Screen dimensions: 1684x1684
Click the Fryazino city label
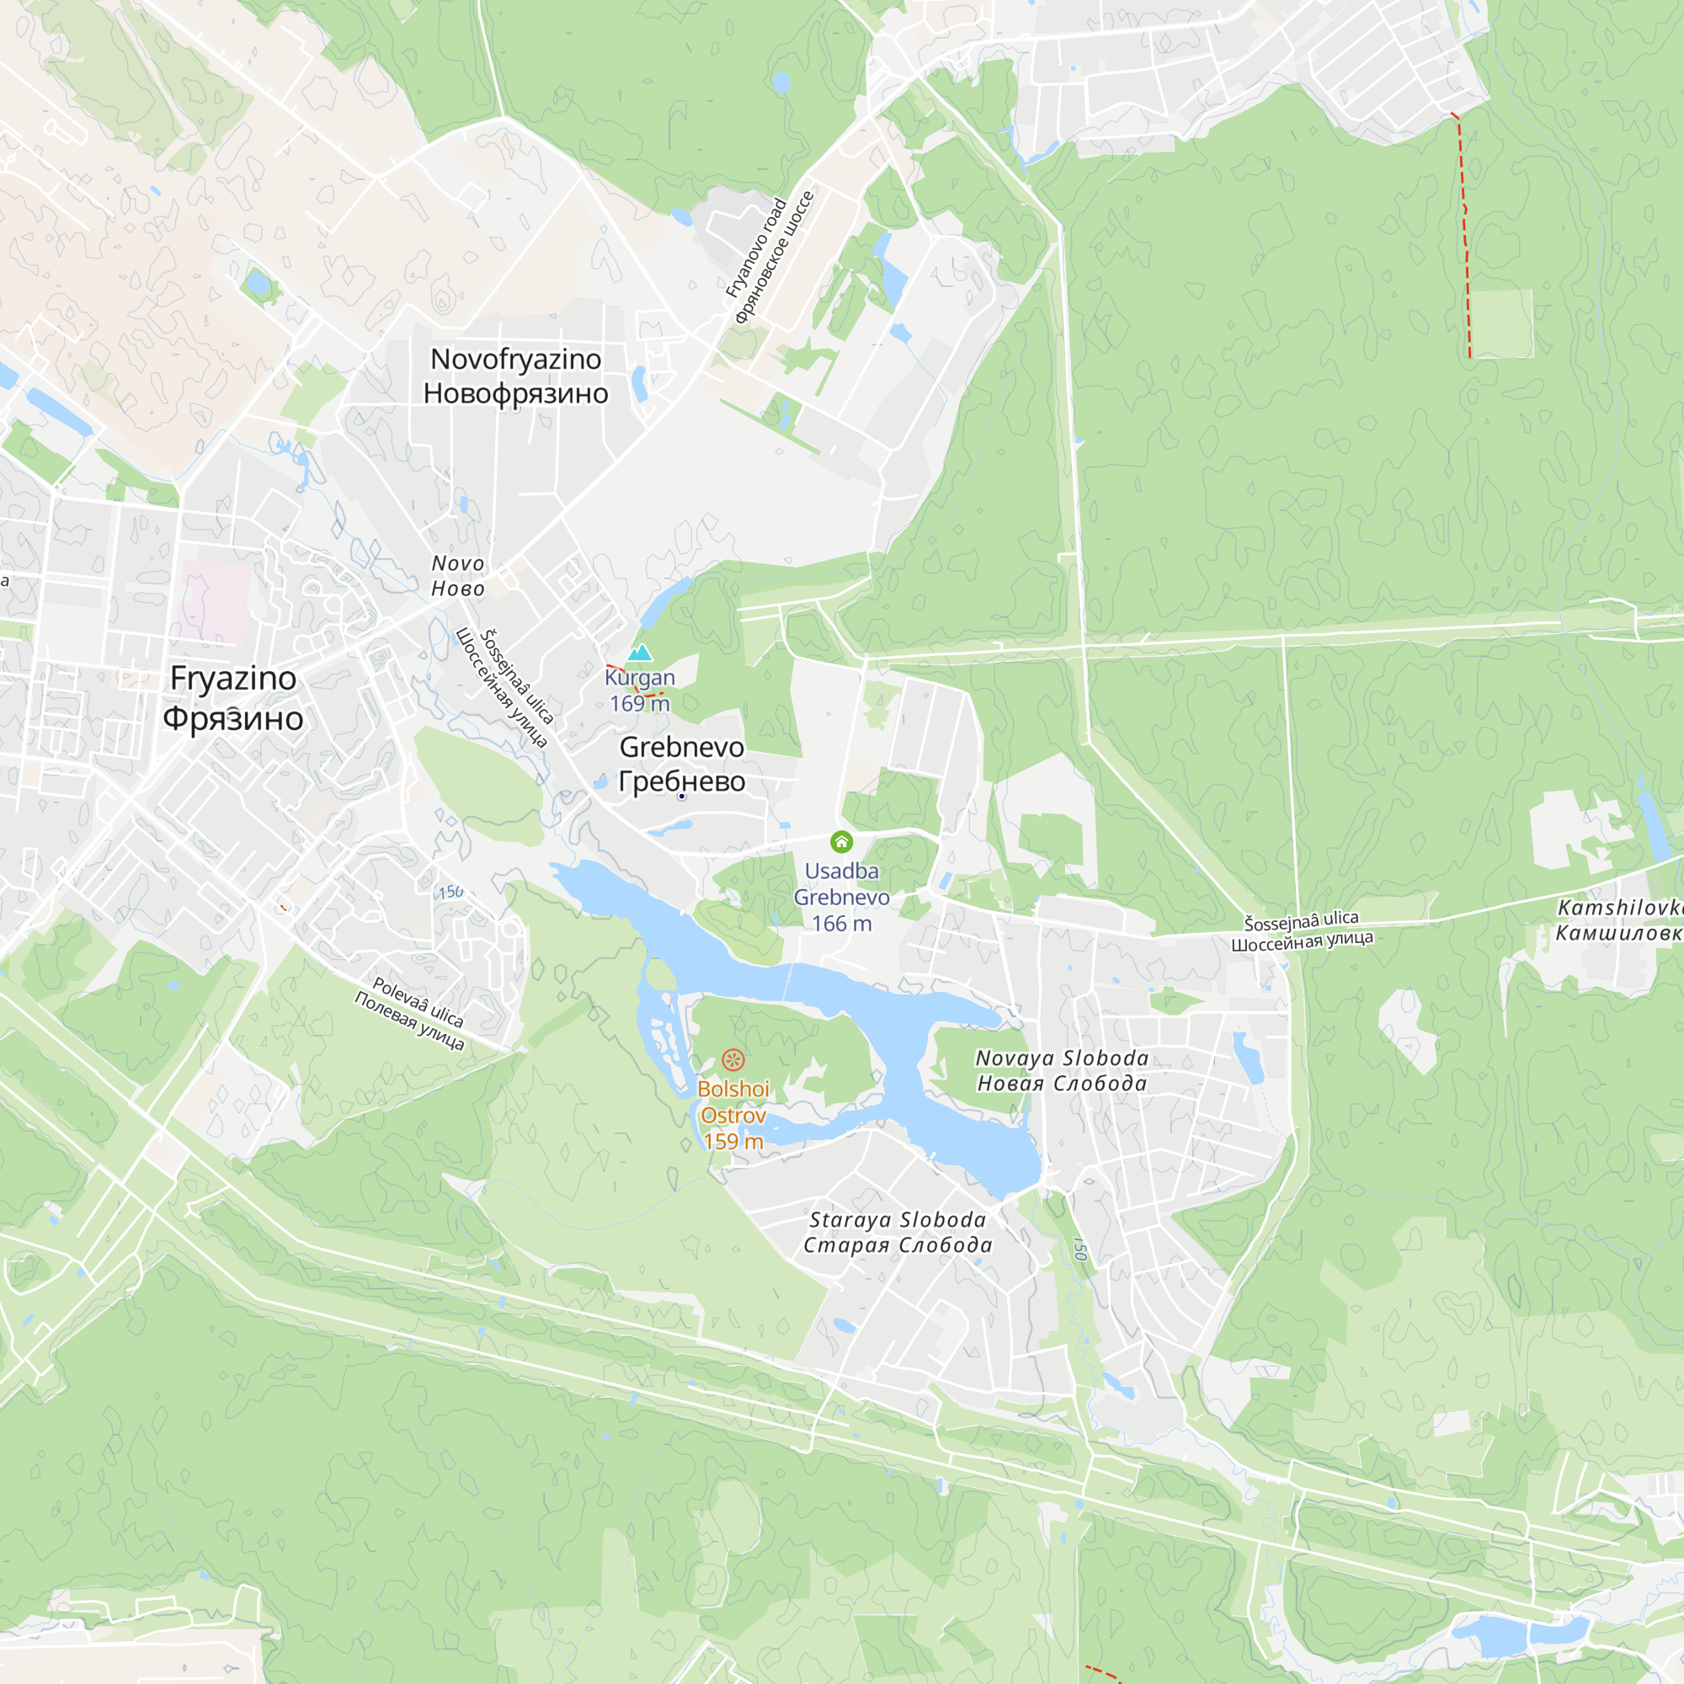pos(232,698)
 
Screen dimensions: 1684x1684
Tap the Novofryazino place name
pos(515,376)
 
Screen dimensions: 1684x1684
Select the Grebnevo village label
pos(682,764)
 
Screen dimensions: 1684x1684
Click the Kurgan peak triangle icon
pos(640,653)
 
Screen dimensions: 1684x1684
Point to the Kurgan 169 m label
pos(640,690)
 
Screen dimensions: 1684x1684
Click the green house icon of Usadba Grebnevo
pos(841,841)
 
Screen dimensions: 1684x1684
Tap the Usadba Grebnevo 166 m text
pos(841,897)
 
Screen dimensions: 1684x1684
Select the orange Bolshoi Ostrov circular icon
pos(733,1060)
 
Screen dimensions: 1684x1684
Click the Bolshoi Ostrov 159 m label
pos(733,1115)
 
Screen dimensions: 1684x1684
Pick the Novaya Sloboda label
pos(1062,1070)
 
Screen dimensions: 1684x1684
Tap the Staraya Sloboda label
pos(898,1233)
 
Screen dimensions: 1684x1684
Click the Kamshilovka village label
pos(1619,920)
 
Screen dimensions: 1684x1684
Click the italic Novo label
pos(457,576)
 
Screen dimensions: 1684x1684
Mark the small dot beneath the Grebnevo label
pos(682,796)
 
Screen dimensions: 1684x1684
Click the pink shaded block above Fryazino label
pos(215,601)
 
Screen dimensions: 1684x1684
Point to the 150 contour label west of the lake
pos(450,893)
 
